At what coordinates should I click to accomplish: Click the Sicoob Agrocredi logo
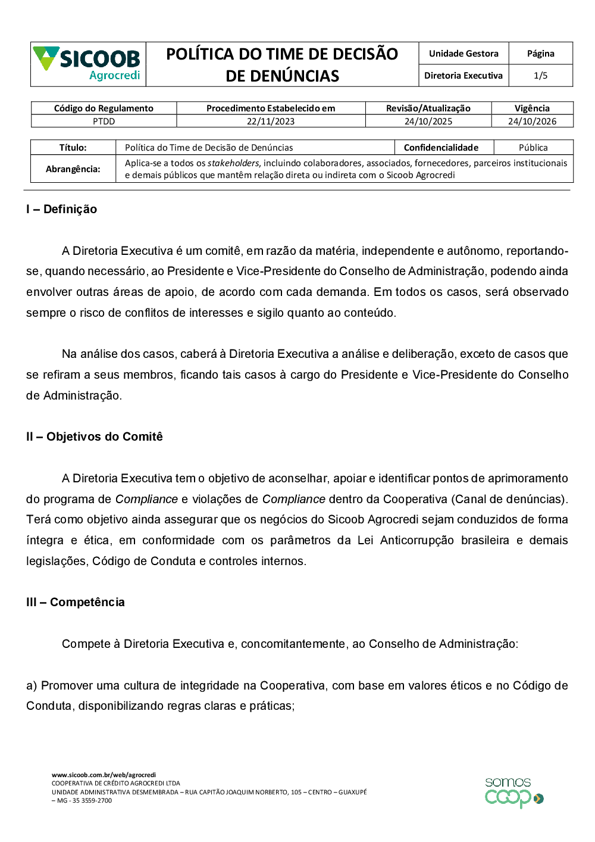tap(87, 64)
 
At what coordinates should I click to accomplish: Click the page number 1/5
tap(540, 76)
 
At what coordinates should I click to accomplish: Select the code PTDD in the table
tap(104, 121)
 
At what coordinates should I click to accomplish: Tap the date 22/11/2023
tap(271, 121)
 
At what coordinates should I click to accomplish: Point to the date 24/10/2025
tap(428, 121)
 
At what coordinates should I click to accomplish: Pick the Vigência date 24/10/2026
tap(532, 121)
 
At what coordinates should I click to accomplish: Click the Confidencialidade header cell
tap(441, 148)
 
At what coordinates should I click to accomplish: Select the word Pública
tap(533, 148)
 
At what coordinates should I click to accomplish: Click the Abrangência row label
tap(73, 169)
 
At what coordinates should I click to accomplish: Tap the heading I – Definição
tap(61, 209)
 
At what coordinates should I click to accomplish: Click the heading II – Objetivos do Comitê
tap(94, 436)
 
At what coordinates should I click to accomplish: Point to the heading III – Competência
tap(76, 602)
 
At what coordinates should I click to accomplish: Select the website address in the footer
tap(104, 775)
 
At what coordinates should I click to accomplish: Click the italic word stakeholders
tap(233, 163)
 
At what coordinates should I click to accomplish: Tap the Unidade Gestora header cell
tap(464, 54)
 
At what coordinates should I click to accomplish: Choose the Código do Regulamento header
tap(104, 108)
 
